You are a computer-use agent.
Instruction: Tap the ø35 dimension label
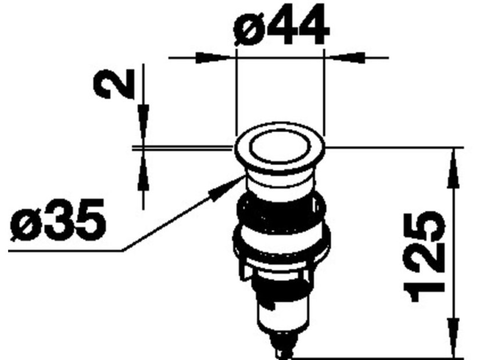click(58, 219)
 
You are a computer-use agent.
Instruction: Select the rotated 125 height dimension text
click(425, 256)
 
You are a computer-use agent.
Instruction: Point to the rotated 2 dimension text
click(114, 83)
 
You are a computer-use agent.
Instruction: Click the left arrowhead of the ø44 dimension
click(213, 57)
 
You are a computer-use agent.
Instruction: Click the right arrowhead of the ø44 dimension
click(347, 57)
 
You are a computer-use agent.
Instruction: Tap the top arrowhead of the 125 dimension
click(454, 168)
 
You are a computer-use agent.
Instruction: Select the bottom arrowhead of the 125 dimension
click(454, 338)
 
